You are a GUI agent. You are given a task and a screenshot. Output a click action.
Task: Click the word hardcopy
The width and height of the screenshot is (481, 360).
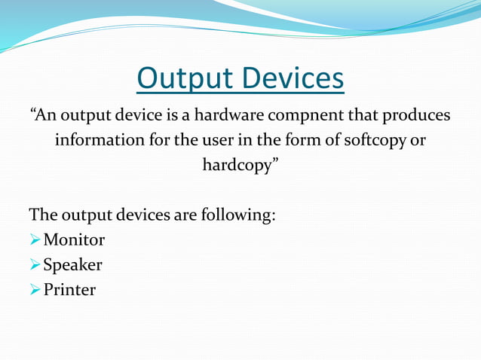pos(239,165)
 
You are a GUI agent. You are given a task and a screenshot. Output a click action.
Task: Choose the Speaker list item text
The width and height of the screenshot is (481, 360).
pos(72,264)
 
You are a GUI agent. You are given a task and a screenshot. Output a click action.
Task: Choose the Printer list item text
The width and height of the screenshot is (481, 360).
pos(69,289)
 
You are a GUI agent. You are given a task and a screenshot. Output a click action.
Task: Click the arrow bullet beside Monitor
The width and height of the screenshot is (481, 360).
pos(35,240)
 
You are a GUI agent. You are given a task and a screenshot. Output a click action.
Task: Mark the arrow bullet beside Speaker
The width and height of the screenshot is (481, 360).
pos(35,265)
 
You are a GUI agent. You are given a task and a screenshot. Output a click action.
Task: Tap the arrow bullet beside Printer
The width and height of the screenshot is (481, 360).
pos(35,290)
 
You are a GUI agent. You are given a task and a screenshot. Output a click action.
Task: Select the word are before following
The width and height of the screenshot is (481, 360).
pos(184,215)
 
